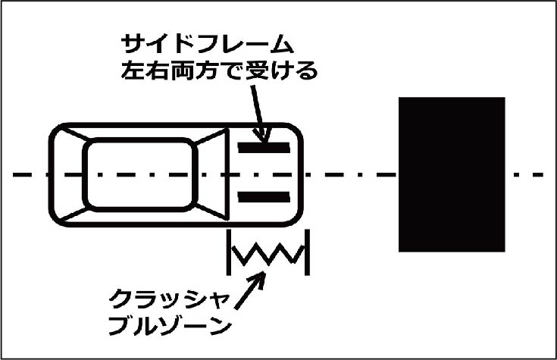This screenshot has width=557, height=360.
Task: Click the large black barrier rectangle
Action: (452, 174)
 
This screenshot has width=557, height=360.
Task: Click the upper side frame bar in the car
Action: (264, 148)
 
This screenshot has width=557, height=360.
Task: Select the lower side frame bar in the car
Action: (264, 197)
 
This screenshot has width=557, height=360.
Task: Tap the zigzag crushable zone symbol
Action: (268, 254)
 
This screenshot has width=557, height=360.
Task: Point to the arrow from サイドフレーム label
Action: (259, 114)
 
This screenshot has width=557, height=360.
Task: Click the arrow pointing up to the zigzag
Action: (250, 290)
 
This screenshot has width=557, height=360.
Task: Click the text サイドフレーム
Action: (208, 44)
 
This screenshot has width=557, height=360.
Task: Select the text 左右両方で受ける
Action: (219, 70)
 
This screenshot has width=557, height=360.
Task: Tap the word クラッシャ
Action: (169, 299)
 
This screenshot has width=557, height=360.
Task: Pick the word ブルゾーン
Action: (170, 326)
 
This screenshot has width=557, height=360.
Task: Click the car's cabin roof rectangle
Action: (140, 174)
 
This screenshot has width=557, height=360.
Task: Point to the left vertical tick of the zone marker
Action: (229, 252)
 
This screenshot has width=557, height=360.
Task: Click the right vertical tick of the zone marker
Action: (307, 252)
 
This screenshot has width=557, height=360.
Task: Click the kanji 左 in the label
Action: (132, 70)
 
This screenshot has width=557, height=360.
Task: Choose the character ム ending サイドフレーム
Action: (283, 44)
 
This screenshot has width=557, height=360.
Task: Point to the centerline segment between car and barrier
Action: (351, 174)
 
